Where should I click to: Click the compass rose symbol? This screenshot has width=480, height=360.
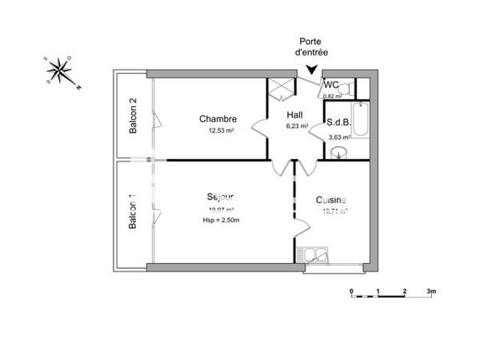59,72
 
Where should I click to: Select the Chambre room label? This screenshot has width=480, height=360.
218,119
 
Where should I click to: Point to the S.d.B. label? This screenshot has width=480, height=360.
337,123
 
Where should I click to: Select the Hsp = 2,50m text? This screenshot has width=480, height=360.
221,220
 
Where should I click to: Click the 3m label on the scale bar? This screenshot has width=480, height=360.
431,291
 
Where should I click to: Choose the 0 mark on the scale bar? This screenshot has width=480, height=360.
351,291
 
